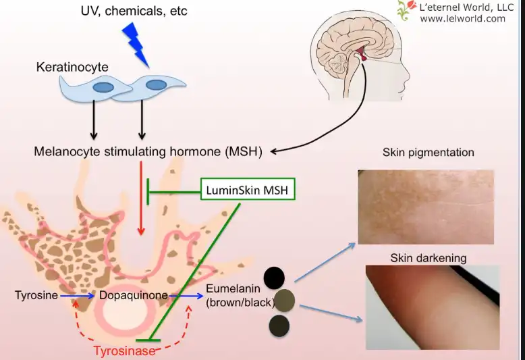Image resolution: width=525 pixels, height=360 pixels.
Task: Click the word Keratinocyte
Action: (72, 68)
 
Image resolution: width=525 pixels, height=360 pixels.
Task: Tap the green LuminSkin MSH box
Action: (248, 191)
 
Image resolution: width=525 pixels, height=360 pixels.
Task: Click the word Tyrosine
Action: (36, 295)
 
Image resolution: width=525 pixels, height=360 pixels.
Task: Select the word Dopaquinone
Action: (133, 295)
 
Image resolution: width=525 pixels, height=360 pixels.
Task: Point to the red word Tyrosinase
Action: (124, 351)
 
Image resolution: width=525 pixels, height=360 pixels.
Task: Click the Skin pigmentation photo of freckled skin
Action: (425, 206)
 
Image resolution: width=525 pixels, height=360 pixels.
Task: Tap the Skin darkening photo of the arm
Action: (432, 307)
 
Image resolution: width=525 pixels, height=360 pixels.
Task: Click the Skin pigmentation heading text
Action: (428, 153)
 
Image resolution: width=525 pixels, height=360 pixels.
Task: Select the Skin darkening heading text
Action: (428, 258)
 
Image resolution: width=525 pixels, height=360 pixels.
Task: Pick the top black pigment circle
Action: (274, 277)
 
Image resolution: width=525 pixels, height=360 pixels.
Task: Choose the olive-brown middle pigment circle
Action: (285, 301)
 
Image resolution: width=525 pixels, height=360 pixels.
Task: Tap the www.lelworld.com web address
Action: (462, 19)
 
